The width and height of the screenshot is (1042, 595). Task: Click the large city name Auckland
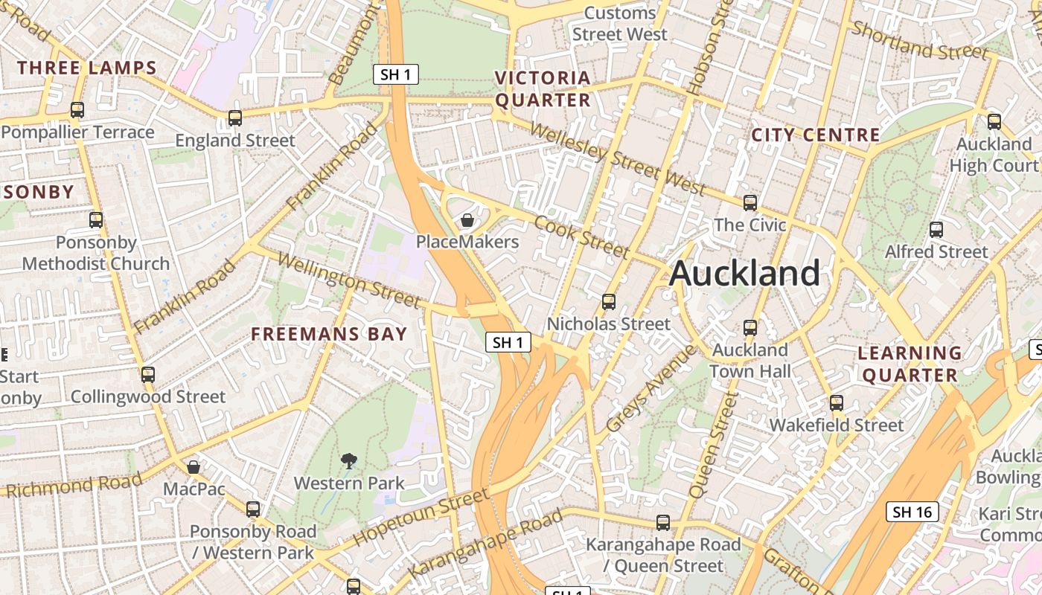[x=744, y=273]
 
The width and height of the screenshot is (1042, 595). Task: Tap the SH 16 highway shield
[x=912, y=512]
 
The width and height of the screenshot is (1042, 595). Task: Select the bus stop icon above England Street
[x=235, y=118]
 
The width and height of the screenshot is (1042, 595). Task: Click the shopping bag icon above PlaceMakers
[x=467, y=219]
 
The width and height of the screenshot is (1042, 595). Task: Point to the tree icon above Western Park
[x=348, y=461]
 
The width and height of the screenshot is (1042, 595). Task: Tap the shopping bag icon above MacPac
[x=194, y=467]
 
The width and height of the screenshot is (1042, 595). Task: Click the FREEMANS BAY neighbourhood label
[x=329, y=334]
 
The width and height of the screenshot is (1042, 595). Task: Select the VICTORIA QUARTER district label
[x=543, y=89]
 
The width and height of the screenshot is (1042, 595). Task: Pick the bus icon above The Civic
[x=750, y=202]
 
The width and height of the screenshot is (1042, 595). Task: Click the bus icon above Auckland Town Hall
[x=750, y=327]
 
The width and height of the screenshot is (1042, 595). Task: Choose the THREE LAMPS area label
[x=87, y=68]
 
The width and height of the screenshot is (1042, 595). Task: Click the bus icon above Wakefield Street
[x=837, y=403]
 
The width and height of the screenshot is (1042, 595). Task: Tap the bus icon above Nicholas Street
[x=609, y=301]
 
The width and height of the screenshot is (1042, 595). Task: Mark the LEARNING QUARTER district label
[x=910, y=364]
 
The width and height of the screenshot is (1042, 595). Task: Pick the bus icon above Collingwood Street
[x=148, y=374]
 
